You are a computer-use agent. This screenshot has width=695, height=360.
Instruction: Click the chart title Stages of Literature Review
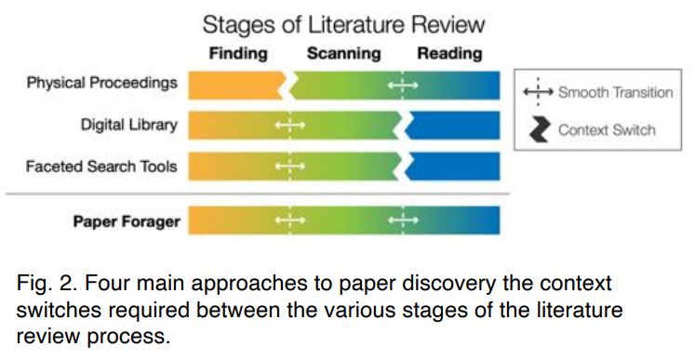tap(343, 23)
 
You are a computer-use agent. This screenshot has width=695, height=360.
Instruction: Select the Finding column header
tap(238, 54)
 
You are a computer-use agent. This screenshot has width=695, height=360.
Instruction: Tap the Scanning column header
tap(345, 54)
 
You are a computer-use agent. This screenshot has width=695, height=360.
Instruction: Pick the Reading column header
tap(449, 54)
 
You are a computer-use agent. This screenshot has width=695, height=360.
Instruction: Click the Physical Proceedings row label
tap(102, 84)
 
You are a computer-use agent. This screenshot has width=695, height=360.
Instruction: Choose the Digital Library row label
tap(127, 125)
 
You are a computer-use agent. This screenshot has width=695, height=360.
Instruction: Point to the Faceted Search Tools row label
tap(102, 167)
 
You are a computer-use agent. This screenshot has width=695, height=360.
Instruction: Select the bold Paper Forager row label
tap(127, 220)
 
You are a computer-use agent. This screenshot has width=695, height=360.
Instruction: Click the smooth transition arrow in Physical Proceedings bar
tap(402, 86)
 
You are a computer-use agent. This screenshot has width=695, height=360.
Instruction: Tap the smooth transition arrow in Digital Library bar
tap(290, 125)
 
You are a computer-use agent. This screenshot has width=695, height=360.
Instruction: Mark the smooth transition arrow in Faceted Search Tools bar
tap(290, 167)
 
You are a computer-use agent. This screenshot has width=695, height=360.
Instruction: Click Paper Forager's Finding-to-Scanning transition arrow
tap(290, 220)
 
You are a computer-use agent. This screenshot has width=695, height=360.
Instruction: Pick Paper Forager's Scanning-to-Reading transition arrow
tap(402, 220)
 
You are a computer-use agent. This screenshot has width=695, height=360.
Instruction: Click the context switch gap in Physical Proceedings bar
tap(288, 86)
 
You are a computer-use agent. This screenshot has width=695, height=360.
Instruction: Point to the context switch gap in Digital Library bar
tap(403, 125)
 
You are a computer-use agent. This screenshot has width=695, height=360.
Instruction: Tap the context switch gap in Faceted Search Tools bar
tap(403, 167)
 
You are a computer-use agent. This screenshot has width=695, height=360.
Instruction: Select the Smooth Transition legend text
tap(615, 92)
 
